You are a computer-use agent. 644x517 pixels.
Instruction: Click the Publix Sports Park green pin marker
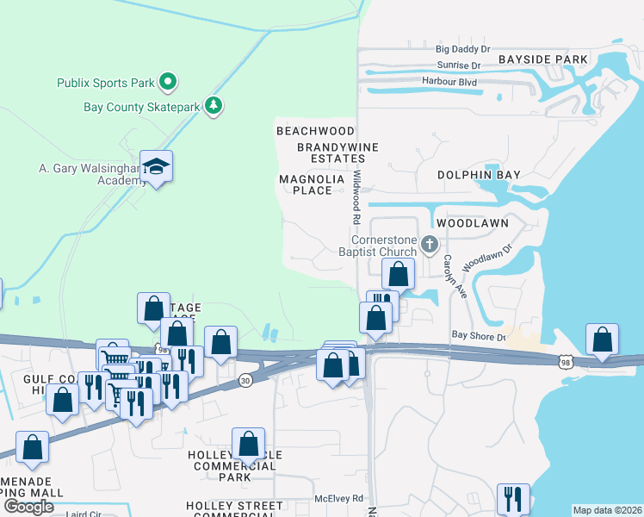tap(168, 83)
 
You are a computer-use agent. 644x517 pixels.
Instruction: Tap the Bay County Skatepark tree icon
tap(214, 107)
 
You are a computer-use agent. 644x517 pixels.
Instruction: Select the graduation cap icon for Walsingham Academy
tap(156, 165)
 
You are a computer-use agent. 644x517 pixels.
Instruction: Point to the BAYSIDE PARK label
tap(542, 59)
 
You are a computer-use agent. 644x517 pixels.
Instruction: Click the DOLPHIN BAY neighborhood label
tap(479, 174)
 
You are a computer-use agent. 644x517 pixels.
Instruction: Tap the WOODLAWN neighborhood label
tap(472, 223)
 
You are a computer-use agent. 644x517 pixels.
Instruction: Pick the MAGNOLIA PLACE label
tap(312, 184)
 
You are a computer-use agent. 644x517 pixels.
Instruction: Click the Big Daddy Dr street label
tap(461, 50)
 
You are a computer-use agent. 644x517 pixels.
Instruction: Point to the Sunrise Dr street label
tap(458, 65)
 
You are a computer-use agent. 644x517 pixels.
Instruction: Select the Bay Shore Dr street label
tap(480, 336)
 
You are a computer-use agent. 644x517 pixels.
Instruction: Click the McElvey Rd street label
tap(338, 498)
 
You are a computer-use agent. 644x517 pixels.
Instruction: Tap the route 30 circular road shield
tap(245, 380)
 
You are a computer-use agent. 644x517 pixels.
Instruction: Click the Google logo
tap(28, 507)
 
